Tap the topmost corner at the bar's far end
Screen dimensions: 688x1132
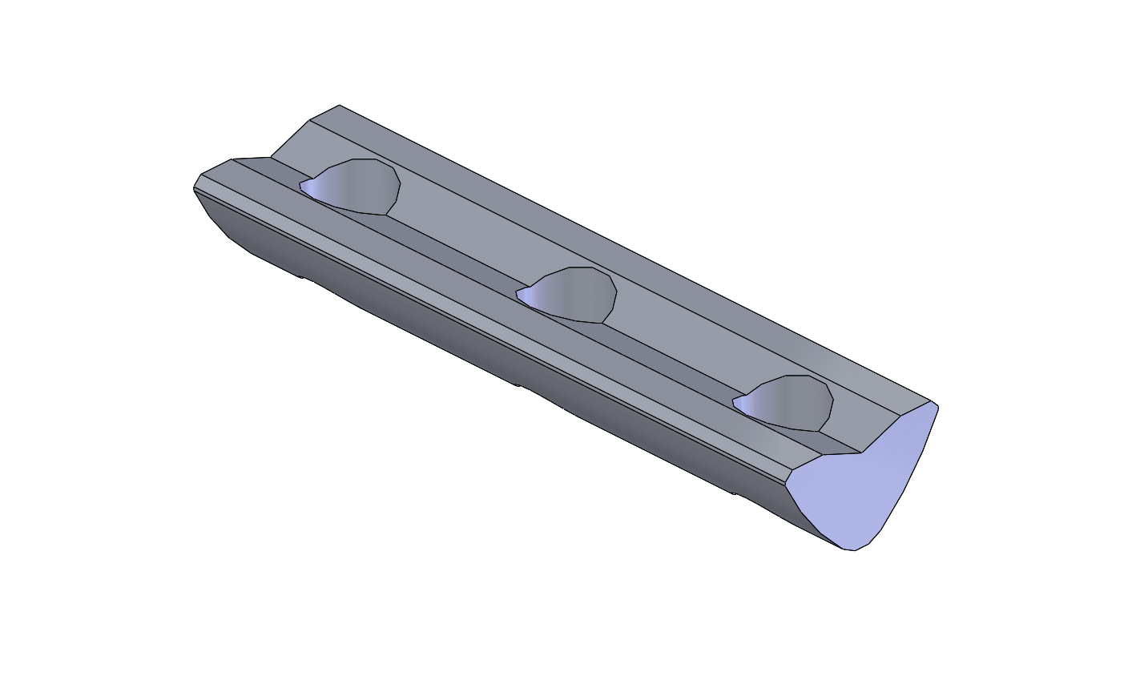coord(340,105)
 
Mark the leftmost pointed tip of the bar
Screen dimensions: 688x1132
coord(194,188)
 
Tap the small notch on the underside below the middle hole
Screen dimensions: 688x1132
coord(518,386)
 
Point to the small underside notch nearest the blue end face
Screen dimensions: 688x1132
coord(733,493)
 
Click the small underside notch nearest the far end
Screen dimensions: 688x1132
coord(302,278)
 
